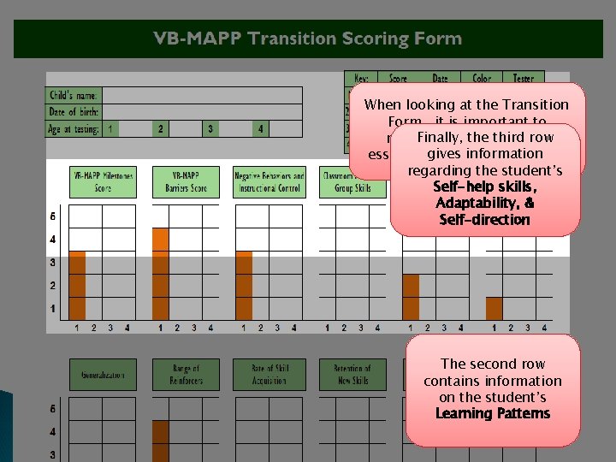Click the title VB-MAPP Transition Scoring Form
308,38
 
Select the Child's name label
74,95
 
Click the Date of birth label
74,112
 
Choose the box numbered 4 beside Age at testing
261,129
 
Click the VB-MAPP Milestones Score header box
103,181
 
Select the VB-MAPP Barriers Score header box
186,181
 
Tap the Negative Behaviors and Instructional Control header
269,181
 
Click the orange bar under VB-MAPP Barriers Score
160,273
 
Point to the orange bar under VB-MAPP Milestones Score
78,285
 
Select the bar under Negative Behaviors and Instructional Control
244,285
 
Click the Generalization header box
103,375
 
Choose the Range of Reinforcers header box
186,375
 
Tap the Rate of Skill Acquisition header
269,375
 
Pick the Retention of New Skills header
352,375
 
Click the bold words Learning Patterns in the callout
493,414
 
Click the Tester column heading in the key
524,79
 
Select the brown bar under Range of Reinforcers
160,441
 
